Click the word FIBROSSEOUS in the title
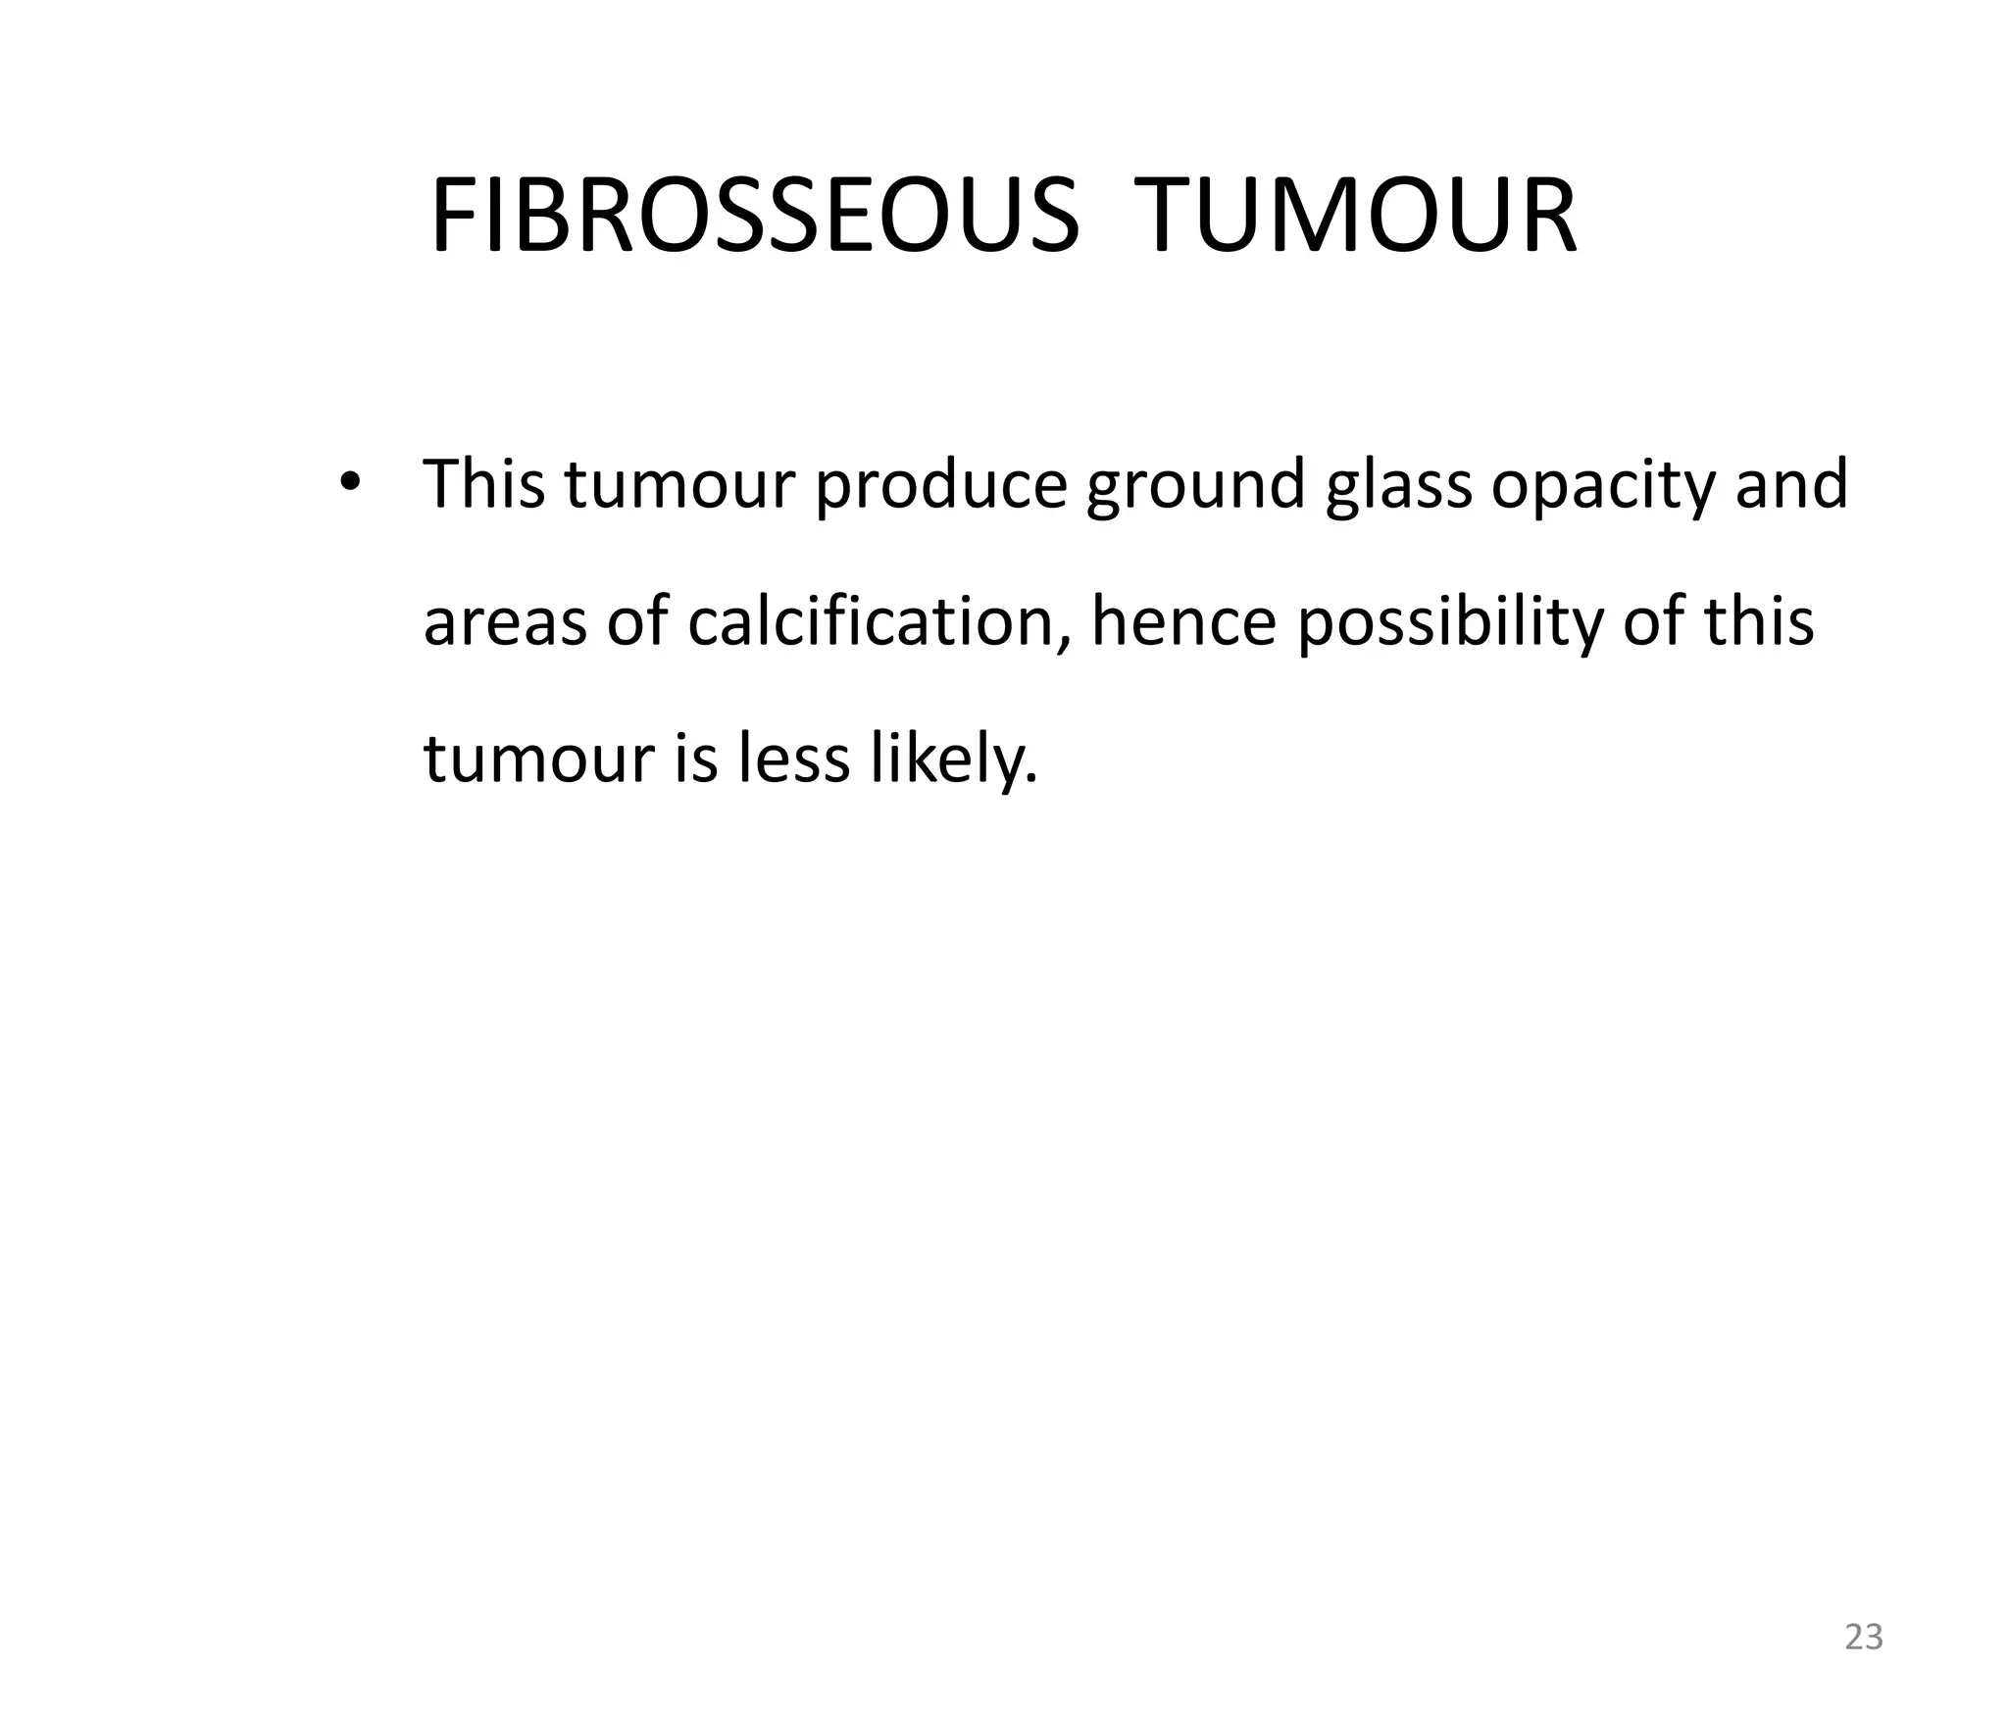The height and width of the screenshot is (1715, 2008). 754,218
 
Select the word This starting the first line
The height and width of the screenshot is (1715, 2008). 483,484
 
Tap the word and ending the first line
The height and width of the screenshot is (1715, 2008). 1791,484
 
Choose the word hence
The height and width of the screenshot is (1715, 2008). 1183,621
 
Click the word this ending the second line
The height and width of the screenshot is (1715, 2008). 1759,621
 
